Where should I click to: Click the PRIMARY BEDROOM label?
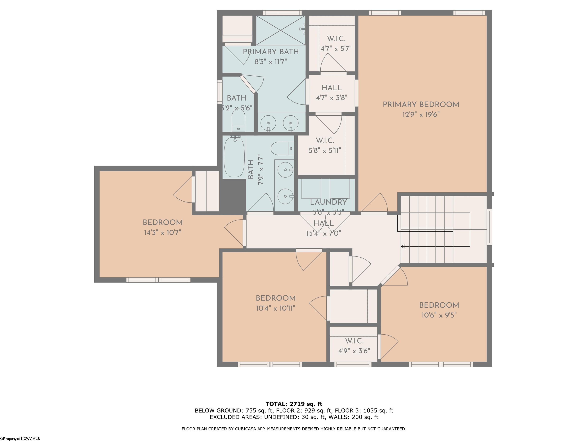pos(421,105)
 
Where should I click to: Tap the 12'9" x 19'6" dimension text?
pos(421,115)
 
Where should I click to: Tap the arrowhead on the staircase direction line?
pos(403,246)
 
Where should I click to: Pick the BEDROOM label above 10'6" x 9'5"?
pos(439,305)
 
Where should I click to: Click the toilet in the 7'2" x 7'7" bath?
pos(282,149)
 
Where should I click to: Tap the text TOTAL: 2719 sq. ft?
pos(294,404)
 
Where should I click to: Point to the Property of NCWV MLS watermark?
pos(20,439)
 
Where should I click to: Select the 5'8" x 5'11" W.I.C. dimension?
pos(325,151)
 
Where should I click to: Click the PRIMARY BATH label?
pos(271,52)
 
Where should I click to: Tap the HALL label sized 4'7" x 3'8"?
pos(332,88)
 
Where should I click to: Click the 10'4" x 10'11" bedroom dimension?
pos(275,308)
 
